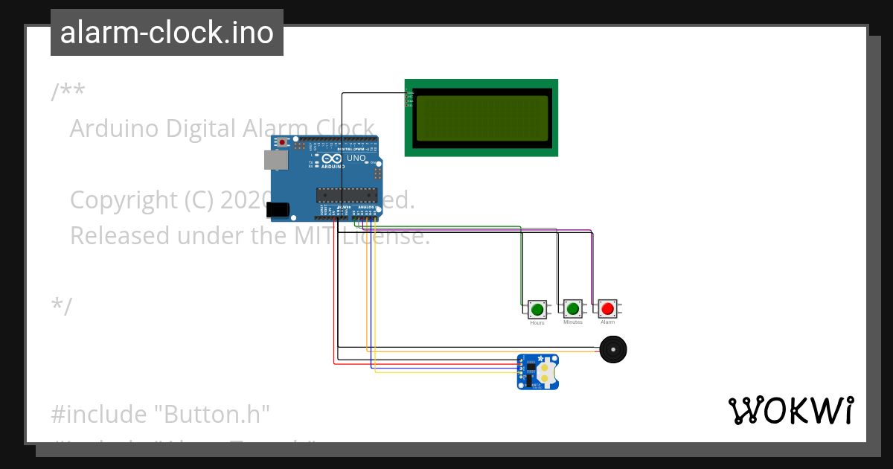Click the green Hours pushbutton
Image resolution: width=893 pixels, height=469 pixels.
coord(537,308)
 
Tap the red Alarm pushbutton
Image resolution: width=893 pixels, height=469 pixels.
coord(608,308)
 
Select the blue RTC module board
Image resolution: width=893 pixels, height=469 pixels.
coord(539,372)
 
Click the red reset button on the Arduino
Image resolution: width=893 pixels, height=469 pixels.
coord(282,142)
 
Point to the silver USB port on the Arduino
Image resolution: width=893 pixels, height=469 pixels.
coord(276,159)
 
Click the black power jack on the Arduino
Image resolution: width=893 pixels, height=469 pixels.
coord(278,211)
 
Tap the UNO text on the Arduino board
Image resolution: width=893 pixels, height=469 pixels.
coord(356,158)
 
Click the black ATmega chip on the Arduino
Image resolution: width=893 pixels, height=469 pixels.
coord(347,195)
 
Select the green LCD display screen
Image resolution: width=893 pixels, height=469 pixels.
coord(481,118)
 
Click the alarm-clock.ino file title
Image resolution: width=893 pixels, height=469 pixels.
coord(167,33)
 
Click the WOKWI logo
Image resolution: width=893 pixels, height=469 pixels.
coord(790,410)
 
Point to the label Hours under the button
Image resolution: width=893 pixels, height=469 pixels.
coord(537,323)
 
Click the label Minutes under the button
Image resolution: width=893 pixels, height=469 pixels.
coord(573,323)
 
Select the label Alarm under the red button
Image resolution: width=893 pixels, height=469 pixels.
coord(608,323)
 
